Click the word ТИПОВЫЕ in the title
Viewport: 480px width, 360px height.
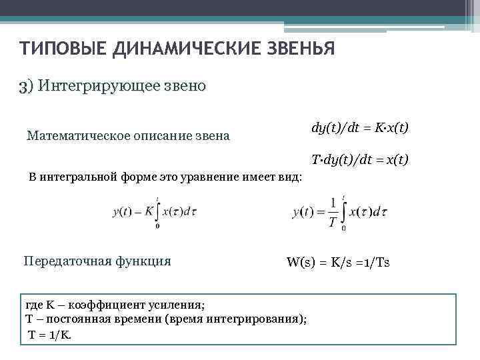pos(56,49)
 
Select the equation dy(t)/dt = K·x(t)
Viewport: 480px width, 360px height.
pos(359,127)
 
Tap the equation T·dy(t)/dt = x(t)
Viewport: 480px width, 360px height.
pos(359,160)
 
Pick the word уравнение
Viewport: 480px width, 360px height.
pos(224,178)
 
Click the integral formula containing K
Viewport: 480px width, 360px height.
pos(155,212)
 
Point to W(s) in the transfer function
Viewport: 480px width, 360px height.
pos(300,261)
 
